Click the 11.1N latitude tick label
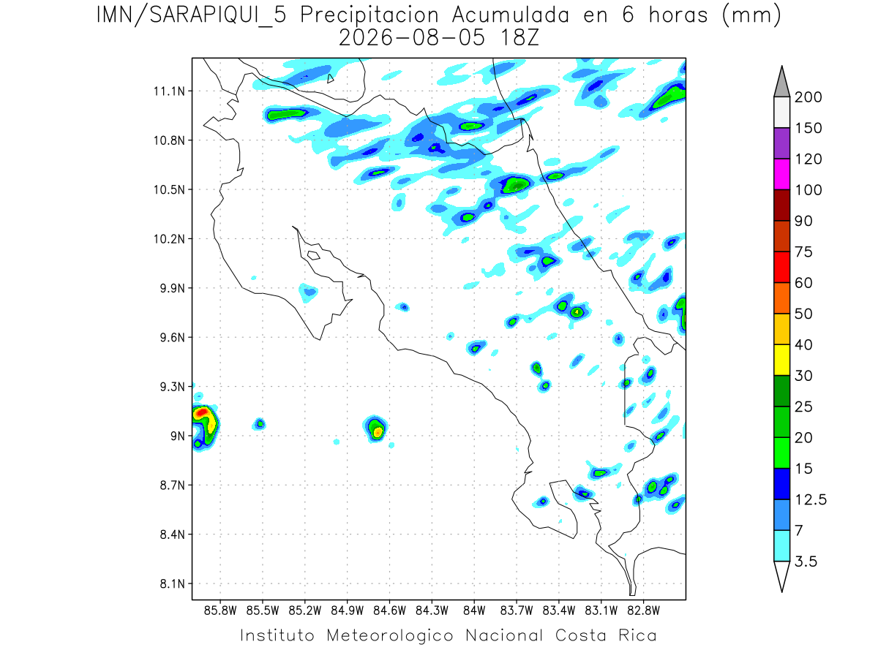[x=169, y=91]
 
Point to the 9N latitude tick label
[x=178, y=436]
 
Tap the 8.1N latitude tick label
[x=173, y=583]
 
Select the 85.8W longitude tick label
[x=220, y=611]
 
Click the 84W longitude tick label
[x=474, y=611]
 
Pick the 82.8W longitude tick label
[x=643, y=611]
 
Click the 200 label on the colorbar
[x=808, y=97]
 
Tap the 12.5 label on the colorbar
[x=811, y=500]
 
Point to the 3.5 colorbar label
[x=806, y=561]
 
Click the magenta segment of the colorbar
[x=781, y=174]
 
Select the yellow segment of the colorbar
[x=781, y=360]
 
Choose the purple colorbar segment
[x=781, y=143]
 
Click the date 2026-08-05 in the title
[x=412, y=38]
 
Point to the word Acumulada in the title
[x=511, y=15]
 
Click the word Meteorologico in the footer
[x=389, y=635]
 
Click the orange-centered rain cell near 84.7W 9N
[x=375, y=428]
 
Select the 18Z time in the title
[x=519, y=38]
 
